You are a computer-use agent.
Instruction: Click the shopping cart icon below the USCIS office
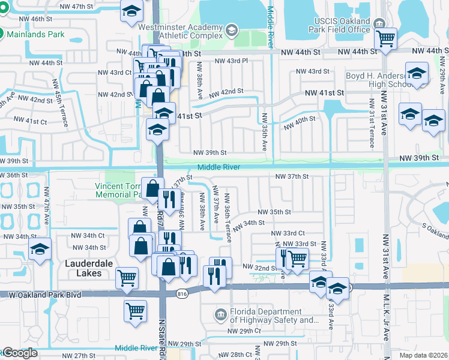[385, 39]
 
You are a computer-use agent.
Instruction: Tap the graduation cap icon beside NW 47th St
[131, 11]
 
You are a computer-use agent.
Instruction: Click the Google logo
[20, 353]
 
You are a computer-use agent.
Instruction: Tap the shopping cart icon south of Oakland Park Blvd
[136, 311]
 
